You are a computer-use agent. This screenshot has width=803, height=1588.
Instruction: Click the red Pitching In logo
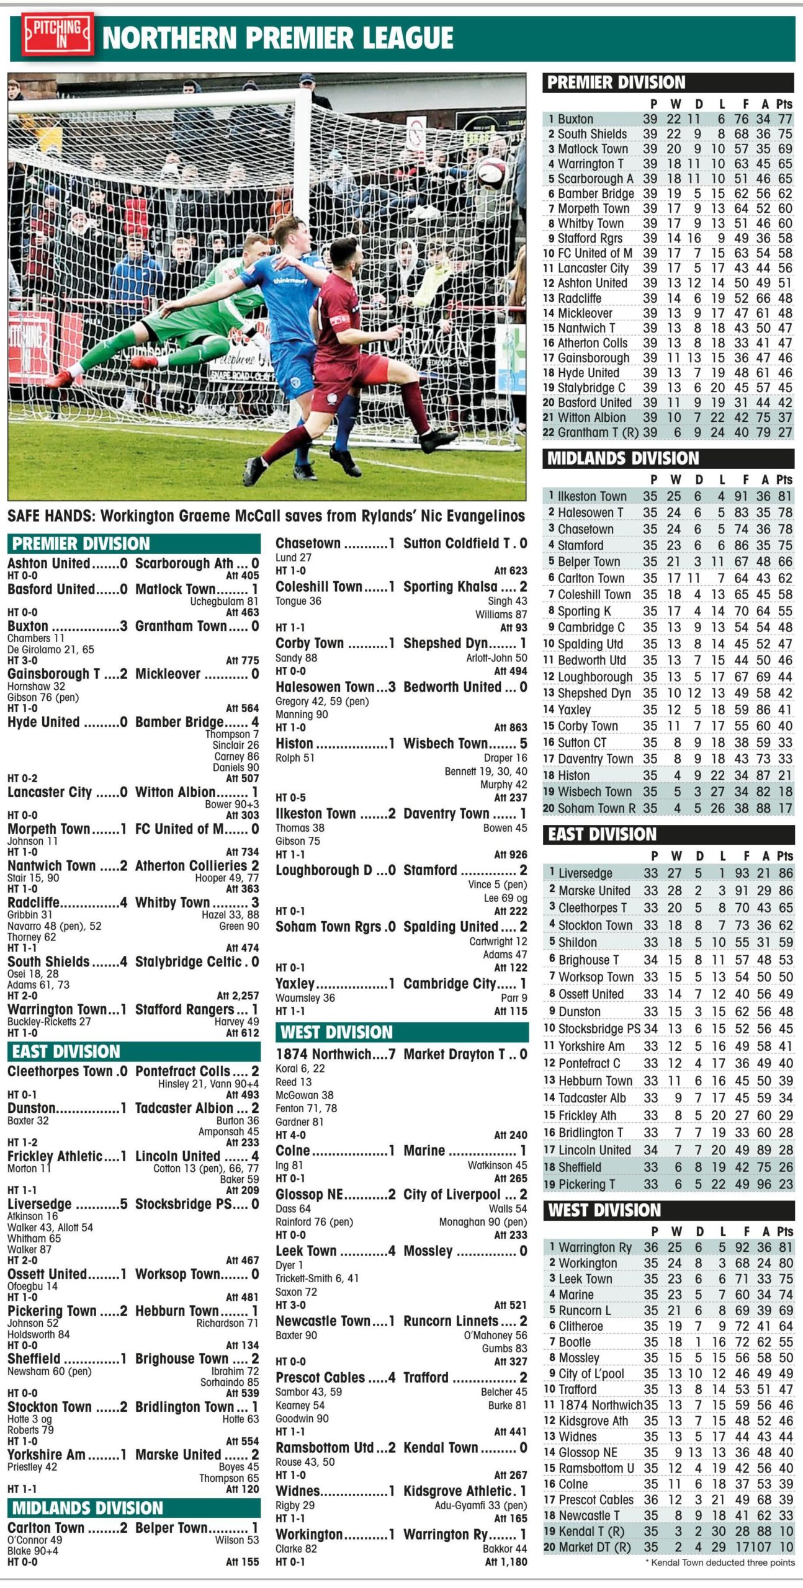(x=58, y=35)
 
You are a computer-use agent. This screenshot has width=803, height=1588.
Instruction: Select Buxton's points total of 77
(x=785, y=119)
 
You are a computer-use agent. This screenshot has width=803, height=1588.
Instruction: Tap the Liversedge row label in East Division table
(x=585, y=873)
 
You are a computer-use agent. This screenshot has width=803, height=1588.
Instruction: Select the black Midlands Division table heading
(x=623, y=458)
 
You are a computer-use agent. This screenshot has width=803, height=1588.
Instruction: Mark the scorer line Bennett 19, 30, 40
(x=486, y=771)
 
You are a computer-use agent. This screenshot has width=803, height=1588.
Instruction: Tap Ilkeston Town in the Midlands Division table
(x=592, y=496)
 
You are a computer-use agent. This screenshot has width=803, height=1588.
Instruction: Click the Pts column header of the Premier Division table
(x=784, y=104)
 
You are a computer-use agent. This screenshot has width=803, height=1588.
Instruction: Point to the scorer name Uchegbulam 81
(x=224, y=601)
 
